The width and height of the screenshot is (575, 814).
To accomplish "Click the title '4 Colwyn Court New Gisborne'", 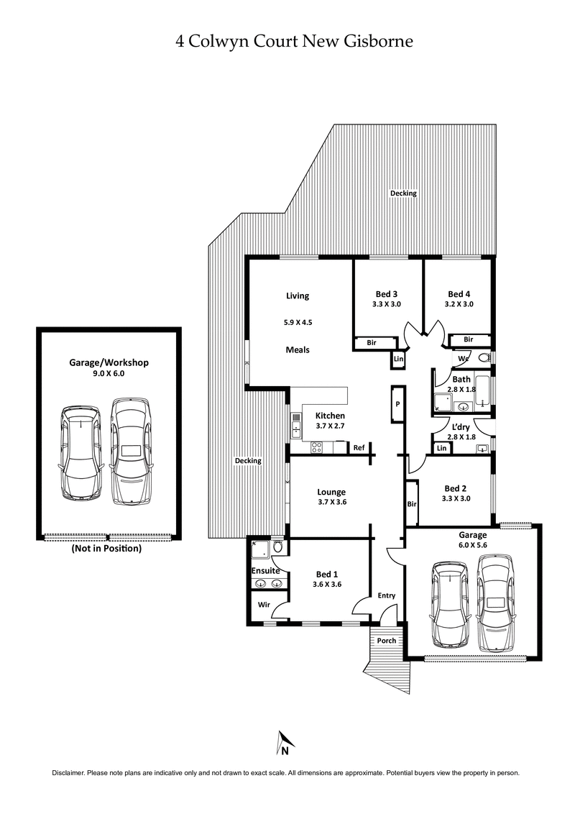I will (295, 42).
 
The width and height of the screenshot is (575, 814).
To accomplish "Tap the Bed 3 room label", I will (387, 294).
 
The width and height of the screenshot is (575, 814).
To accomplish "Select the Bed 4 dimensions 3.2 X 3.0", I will (459, 304).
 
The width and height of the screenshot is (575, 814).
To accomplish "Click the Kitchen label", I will (331, 416).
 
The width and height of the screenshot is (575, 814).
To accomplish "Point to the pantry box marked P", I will (397, 404).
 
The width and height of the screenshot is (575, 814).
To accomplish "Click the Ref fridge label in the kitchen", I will (359, 447).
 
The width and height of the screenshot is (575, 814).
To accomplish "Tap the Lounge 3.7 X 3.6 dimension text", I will (331, 502).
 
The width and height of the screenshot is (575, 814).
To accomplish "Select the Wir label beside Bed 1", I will (264, 605).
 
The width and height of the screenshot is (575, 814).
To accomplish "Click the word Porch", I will (387, 640).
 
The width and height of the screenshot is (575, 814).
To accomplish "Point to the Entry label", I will (387, 595).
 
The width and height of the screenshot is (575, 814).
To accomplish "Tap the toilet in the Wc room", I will (484, 357).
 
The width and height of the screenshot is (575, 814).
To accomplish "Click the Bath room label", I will (461, 379).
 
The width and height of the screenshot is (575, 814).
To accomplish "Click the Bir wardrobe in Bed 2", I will (412, 504).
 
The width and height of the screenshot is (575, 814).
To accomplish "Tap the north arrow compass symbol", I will (285, 744).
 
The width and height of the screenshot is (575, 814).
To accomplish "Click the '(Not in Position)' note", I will (106, 548).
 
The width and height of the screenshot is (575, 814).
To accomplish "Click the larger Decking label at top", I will (403, 193).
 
